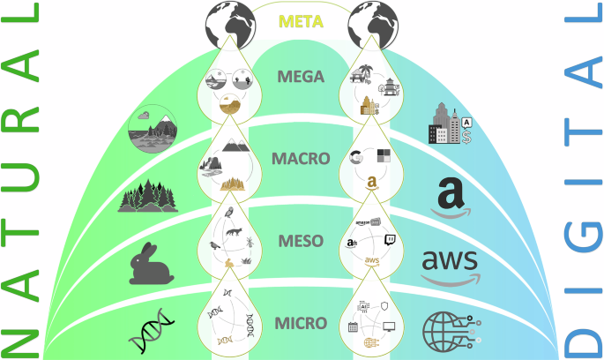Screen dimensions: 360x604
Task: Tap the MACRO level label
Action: coord(302,160)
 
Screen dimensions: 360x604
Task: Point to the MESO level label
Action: coord(302,240)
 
